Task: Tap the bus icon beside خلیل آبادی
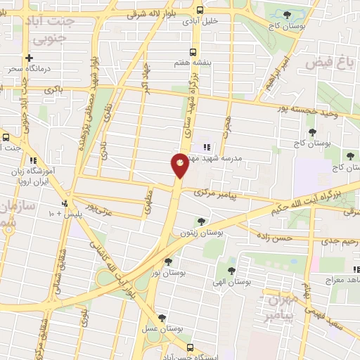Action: (200, 11)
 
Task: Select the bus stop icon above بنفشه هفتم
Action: (193, 51)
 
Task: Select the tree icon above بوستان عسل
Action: (162, 318)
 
